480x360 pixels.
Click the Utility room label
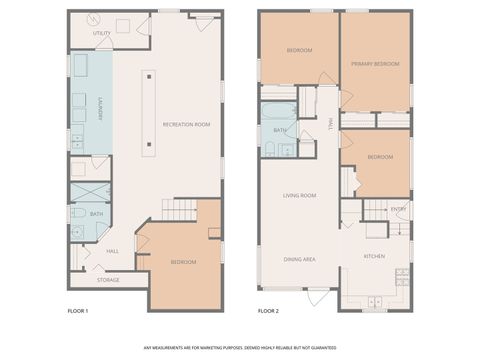[102, 33]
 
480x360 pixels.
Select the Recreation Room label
[187, 123]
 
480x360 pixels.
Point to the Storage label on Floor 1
[108, 280]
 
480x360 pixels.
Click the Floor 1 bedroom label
[183, 262]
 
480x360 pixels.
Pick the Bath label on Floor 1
[97, 214]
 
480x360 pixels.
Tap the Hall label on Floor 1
[113, 251]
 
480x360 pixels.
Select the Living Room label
[300, 195]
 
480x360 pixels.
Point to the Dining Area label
[300, 259]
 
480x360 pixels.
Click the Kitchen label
[374, 257]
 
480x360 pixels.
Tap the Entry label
[398, 209]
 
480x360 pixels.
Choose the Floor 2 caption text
[268, 311]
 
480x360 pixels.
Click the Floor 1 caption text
[78, 311]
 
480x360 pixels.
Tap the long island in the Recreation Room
[149, 110]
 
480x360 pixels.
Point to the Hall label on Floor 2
[331, 124]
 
